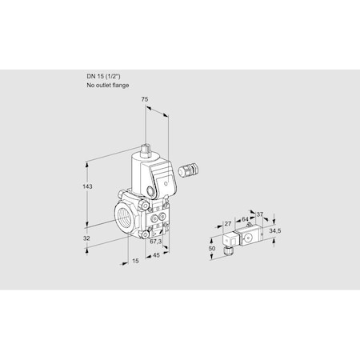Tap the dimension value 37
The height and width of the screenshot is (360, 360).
point(260,214)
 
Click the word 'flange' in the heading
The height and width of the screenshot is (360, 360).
point(119,85)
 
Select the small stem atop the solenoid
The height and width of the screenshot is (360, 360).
point(146,149)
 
